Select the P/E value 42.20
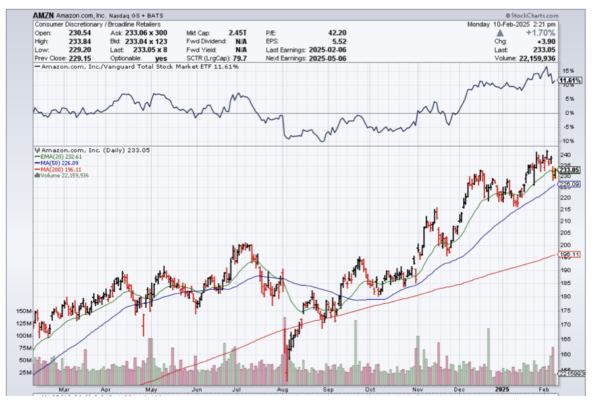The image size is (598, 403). click(335, 32)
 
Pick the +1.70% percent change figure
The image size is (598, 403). click(540, 33)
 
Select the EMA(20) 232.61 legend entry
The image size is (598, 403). click(56, 157)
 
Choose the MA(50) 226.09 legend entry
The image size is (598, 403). click(56, 163)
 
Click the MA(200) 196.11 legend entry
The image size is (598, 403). click(57, 169)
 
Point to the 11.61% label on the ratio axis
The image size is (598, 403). click(570, 80)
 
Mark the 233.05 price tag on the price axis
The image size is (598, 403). click(570, 170)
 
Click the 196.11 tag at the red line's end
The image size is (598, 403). click(569, 254)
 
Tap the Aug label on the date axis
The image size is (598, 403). click(283, 390)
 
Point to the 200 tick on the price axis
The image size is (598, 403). click(564, 245)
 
